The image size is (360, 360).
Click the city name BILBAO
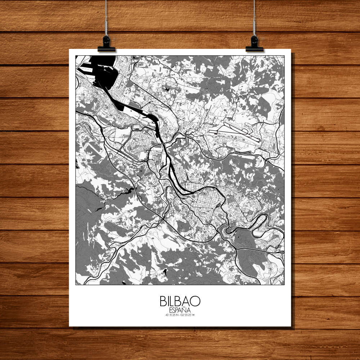pos(180,301)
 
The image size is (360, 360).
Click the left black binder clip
pos(106,44)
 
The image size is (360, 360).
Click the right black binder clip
pos(255,44)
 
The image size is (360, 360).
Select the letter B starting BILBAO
pos(163,301)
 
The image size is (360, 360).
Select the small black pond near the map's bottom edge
pos(165,273)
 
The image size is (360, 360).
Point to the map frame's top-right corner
pos(284,56)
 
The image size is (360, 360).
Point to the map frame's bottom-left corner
pos(76,284)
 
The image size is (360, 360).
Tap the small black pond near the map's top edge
pos(167,87)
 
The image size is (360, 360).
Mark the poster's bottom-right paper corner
pos(291,326)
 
